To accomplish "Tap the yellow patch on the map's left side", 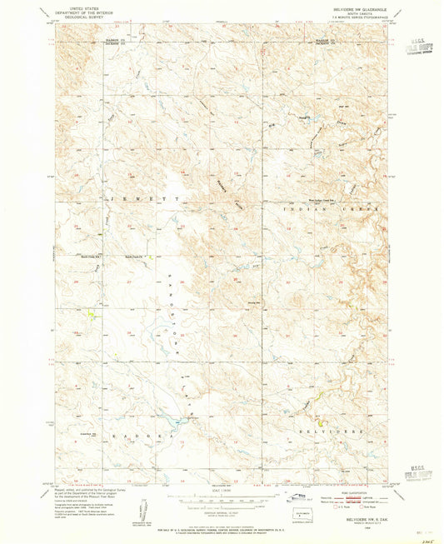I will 90,313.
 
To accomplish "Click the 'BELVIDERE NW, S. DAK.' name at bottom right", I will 344,519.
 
